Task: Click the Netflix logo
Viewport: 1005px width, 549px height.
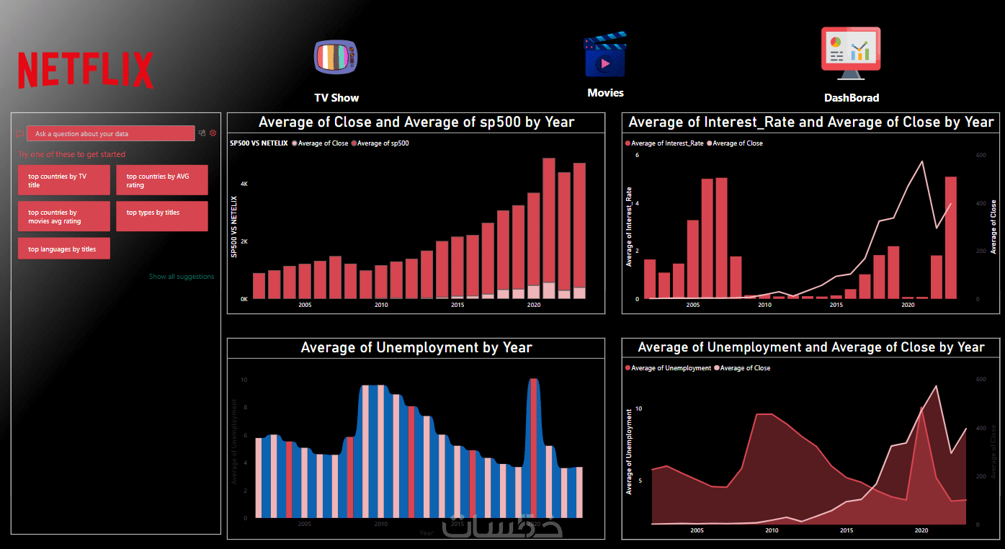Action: click(86, 71)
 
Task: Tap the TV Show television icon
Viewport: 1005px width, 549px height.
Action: click(335, 58)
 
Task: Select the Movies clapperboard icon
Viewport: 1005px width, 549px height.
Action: click(605, 55)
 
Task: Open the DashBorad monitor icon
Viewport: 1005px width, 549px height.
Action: click(851, 53)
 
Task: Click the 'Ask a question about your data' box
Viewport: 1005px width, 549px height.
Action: click(110, 134)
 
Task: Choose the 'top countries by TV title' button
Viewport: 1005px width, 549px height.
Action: click(64, 180)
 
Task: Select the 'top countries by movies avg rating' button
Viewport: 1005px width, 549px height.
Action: click(64, 217)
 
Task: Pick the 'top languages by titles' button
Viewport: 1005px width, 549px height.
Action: click(64, 249)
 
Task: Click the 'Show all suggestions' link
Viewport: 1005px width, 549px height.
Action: click(182, 277)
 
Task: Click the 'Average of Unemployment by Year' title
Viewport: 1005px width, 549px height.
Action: click(416, 348)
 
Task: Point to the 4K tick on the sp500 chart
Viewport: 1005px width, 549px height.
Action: click(244, 184)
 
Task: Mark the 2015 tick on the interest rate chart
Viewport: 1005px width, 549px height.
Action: click(836, 305)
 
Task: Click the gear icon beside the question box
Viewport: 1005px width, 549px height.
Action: click(213, 133)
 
